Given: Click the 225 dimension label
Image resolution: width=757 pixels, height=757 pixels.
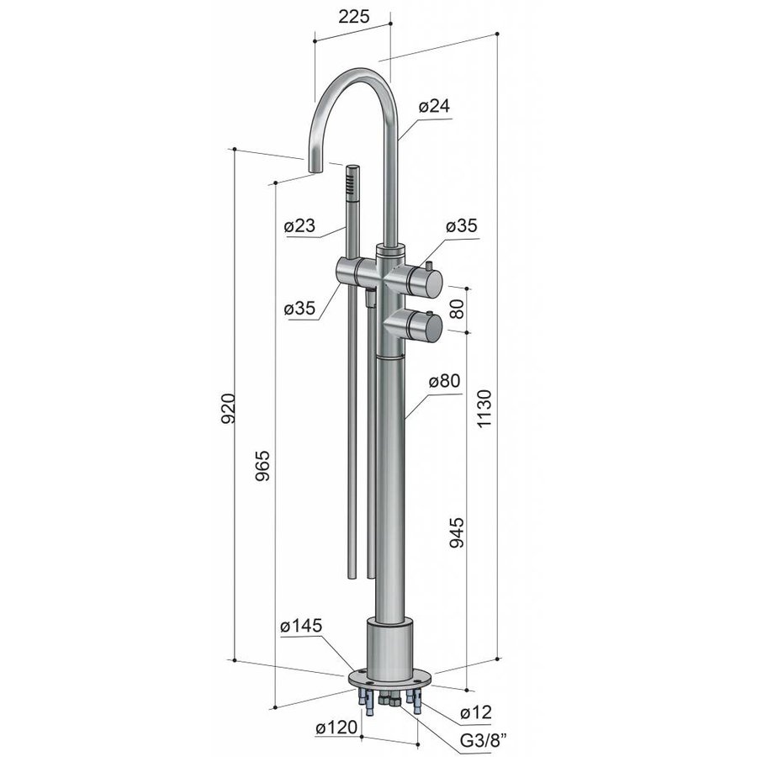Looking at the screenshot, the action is tap(354, 17).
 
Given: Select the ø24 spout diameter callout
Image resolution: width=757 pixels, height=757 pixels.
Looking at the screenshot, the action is tap(434, 106).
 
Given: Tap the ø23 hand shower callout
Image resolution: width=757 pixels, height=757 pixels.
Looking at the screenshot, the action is tap(299, 225).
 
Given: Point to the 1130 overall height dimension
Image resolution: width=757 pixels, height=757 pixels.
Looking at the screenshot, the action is tap(484, 408).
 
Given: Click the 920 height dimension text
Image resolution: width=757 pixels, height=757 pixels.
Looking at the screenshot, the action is tap(228, 409).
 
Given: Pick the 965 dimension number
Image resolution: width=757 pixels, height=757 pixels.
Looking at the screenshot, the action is tap(262, 466).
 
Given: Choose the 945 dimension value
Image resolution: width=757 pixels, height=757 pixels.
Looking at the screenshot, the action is tap(456, 532).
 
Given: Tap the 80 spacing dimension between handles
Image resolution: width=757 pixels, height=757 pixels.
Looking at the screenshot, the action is tap(456, 309).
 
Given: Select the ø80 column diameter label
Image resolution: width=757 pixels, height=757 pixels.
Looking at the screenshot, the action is tap(445, 381).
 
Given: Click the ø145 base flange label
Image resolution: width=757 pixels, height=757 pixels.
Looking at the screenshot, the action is tap(301, 626).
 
